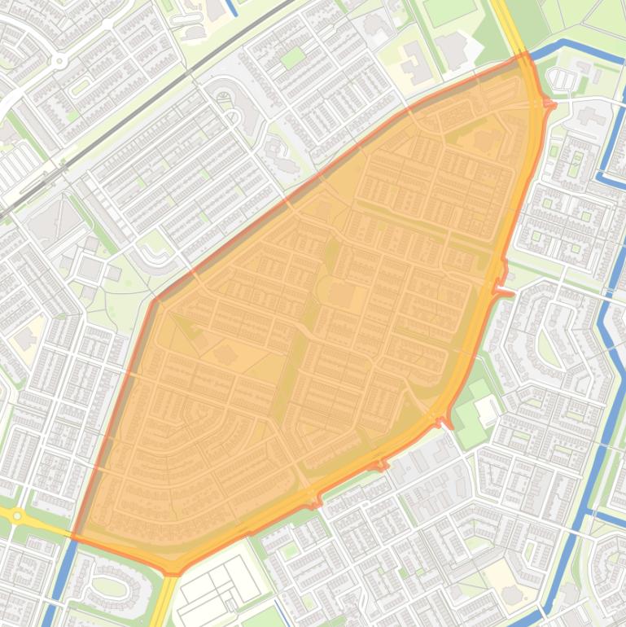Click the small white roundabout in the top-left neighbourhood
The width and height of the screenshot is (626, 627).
59,60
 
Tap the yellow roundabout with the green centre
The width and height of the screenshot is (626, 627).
16,515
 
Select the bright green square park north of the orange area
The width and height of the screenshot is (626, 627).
292,58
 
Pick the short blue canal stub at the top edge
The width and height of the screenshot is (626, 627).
230,7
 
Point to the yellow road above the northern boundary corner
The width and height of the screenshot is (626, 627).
505,20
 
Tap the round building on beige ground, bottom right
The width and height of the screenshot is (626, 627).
512,595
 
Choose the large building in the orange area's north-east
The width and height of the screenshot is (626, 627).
485,139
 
